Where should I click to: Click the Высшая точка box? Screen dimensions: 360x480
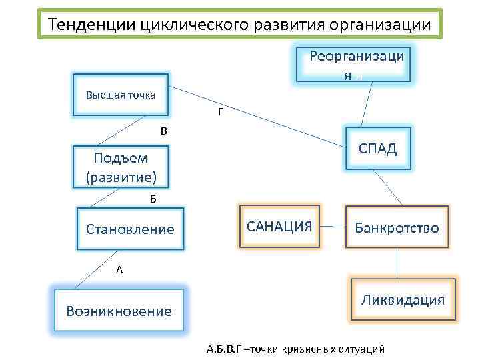(x=120, y=95)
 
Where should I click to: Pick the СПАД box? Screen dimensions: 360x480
(x=377, y=149)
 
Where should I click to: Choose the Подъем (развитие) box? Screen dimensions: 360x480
(x=121, y=167)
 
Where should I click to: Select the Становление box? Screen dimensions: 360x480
(x=130, y=229)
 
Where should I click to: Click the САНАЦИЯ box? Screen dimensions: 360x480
(x=279, y=226)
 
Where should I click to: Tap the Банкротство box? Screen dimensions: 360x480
(x=397, y=228)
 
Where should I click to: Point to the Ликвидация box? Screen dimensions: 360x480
(x=402, y=300)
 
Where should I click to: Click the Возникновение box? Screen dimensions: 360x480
(x=119, y=311)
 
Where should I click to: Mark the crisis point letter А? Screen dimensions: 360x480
(x=119, y=270)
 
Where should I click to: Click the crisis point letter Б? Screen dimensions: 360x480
(x=153, y=199)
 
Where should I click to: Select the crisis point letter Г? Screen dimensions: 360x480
(x=220, y=112)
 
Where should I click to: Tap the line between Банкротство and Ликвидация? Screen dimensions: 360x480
(x=397, y=263)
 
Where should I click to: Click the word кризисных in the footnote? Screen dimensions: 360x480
(x=307, y=349)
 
